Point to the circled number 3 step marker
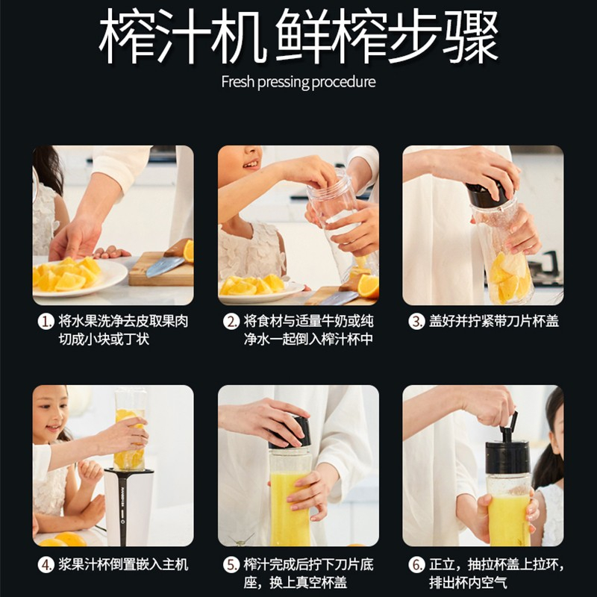pyautogui.click(x=416, y=322)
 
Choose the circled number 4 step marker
pyautogui.click(x=46, y=565)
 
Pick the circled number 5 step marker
pyautogui.click(x=231, y=565)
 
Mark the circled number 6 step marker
pyautogui.click(x=416, y=565)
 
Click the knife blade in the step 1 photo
pyautogui.click(x=164, y=266)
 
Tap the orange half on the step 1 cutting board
pyautogui.click(x=189, y=251)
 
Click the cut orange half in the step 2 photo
pyautogui.click(x=368, y=287)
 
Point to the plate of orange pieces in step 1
pyautogui.click(x=79, y=277)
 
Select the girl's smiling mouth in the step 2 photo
pyautogui.click(x=251, y=164)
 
